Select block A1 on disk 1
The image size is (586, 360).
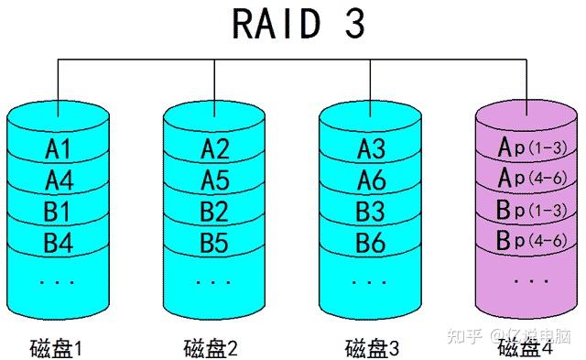(x=58, y=148)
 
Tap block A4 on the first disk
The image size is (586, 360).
(x=58, y=180)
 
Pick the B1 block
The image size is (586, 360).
(x=58, y=212)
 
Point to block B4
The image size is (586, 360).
(x=58, y=244)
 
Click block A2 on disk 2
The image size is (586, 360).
(x=214, y=148)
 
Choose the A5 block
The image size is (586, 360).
(x=214, y=180)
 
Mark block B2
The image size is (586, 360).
(x=214, y=212)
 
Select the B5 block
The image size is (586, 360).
(x=214, y=244)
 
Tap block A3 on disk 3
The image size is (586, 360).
(x=372, y=148)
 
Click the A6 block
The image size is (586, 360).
(x=372, y=180)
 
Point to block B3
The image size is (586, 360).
(x=372, y=212)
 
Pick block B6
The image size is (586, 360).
(x=372, y=244)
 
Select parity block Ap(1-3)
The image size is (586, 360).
(x=528, y=147)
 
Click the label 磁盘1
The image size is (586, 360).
(x=58, y=348)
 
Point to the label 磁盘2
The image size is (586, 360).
(x=212, y=348)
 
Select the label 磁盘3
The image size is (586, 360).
(x=372, y=348)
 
